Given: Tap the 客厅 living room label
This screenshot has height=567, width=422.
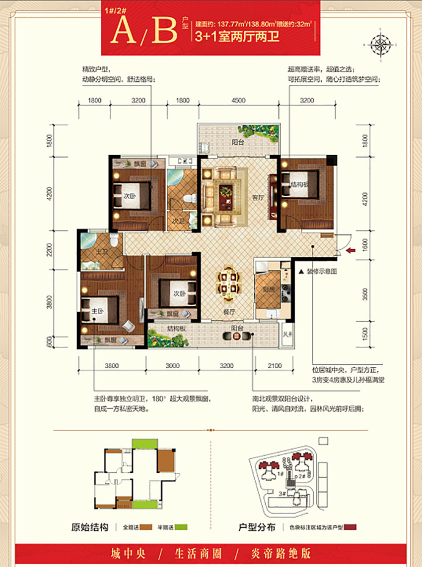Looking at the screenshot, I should click(x=257, y=197).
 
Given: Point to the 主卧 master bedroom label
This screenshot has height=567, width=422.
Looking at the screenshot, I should click(x=97, y=311).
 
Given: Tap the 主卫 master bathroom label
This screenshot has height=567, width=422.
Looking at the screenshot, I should click(x=101, y=252).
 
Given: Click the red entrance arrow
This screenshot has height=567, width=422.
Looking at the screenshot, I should click(x=351, y=251).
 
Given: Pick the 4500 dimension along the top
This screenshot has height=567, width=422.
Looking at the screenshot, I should click(x=238, y=101).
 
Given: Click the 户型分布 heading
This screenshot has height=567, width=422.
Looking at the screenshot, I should click(x=257, y=527).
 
